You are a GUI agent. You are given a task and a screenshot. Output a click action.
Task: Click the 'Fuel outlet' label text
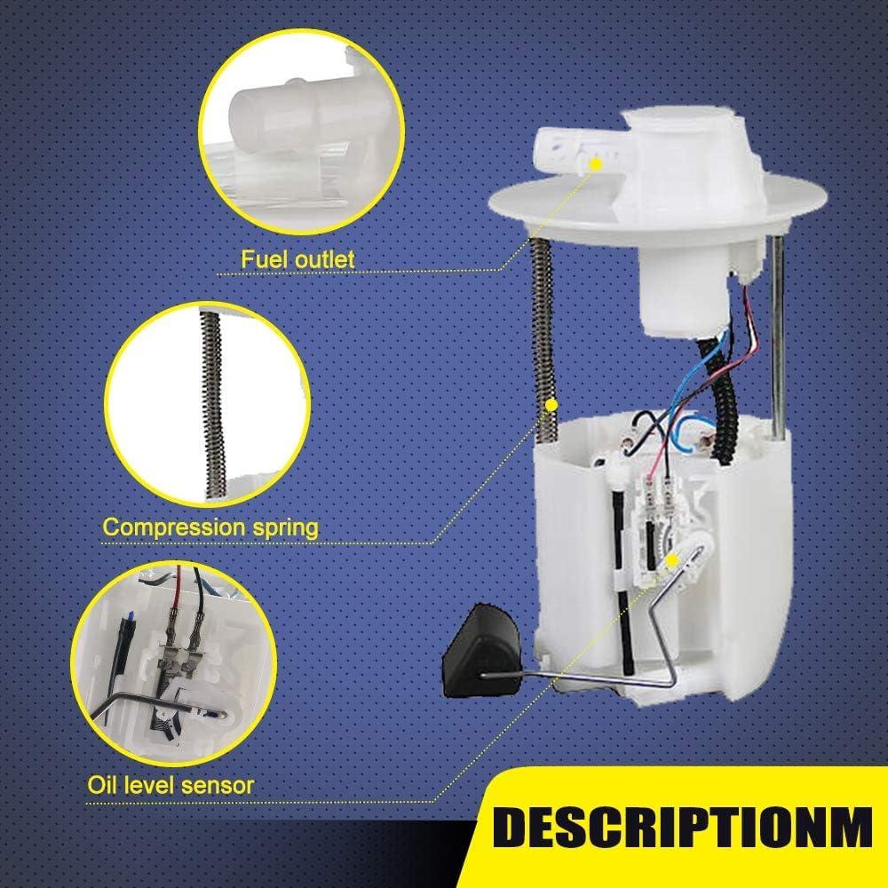pos(297,259)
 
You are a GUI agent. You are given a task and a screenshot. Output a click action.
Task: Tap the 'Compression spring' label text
pos(210,527)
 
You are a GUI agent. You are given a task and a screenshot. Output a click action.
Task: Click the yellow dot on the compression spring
pos(551,405)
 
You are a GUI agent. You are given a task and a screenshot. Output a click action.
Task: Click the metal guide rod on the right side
pos(779,337)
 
